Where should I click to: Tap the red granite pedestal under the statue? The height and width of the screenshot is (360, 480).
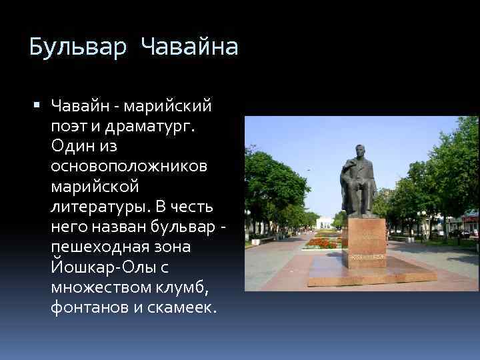[366, 237]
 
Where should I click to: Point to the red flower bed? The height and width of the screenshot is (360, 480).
[325, 243]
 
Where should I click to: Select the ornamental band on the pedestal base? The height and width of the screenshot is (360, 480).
[366, 256]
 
